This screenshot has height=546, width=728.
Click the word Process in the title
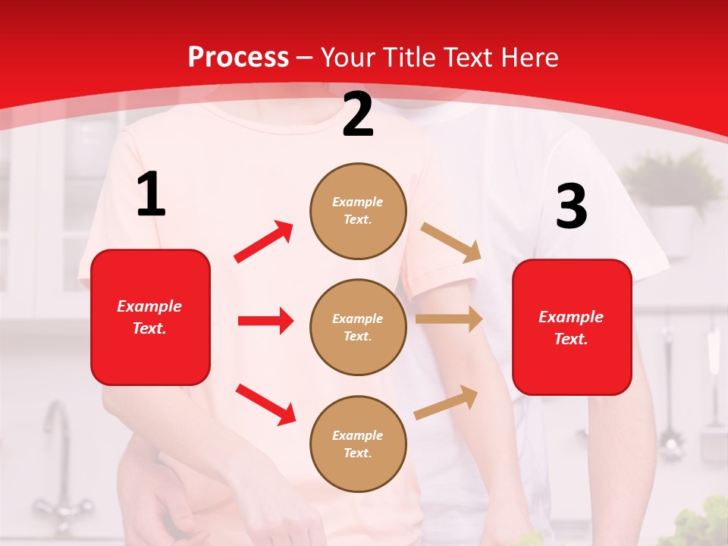point(238,58)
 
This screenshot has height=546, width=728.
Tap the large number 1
point(151,194)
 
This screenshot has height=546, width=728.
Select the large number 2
point(358,115)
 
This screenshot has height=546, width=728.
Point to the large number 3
point(571,207)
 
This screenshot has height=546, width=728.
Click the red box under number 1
point(150,317)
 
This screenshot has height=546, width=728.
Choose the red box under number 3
point(572,327)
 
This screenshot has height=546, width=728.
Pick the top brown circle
point(358,211)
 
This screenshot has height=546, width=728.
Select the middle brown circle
point(358,327)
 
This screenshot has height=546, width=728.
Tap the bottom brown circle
point(358,444)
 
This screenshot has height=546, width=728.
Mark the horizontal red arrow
point(265,321)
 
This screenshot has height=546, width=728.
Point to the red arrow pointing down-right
point(265,404)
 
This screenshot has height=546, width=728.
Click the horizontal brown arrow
point(449,319)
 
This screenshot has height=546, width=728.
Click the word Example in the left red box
point(149,306)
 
